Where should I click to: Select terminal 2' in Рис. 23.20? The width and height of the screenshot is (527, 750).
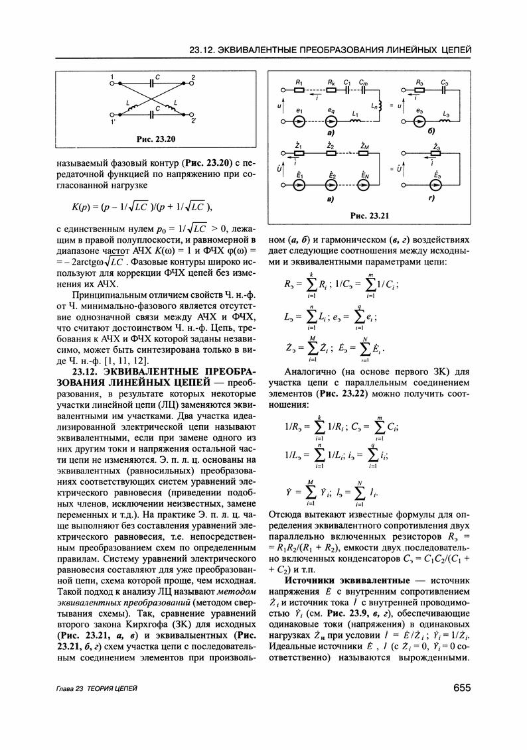tap(193, 121)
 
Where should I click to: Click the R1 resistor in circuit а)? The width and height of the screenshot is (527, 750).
tap(299, 89)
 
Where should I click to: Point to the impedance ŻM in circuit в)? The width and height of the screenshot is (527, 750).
tap(364, 153)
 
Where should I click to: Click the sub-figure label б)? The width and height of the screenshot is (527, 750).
tap(432, 133)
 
